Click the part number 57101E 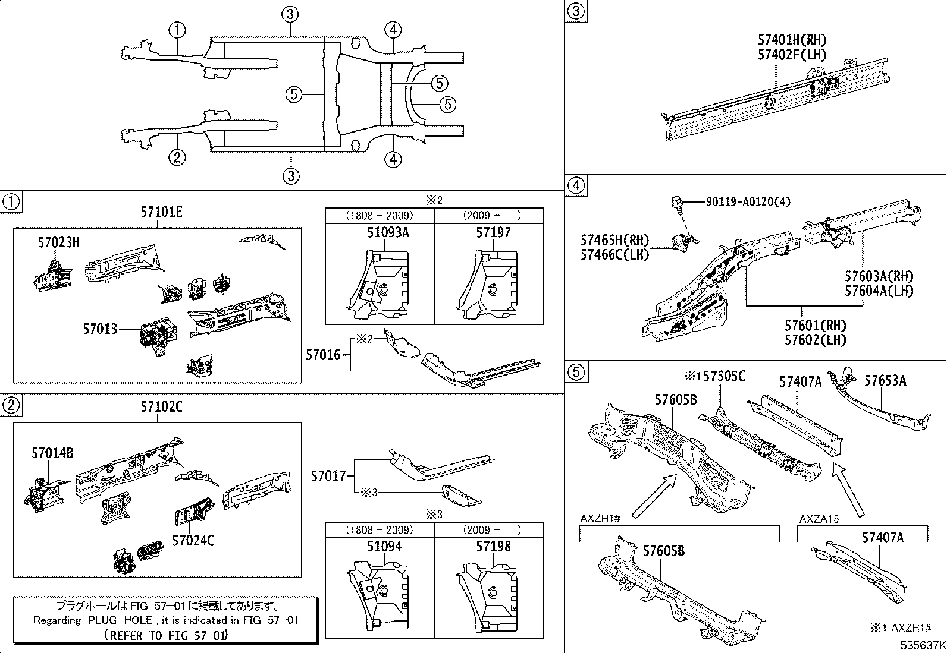point(161,212)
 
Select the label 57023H point(58,242)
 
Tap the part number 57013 point(100,329)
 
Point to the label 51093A point(388,232)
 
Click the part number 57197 point(493,232)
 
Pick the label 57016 point(323,355)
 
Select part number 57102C point(161,407)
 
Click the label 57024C point(193,540)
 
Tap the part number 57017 point(328,476)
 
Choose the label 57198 point(493,546)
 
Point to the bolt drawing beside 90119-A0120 point(678,203)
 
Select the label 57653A point(885,380)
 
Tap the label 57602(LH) point(815,340)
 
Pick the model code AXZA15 point(819,519)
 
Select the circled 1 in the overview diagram point(177,30)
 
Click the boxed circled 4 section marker point(575,186)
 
